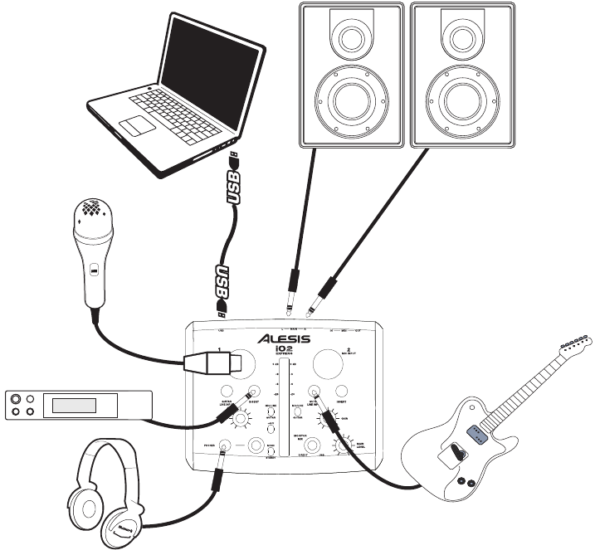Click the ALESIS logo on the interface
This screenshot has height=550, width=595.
coord(284,338)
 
